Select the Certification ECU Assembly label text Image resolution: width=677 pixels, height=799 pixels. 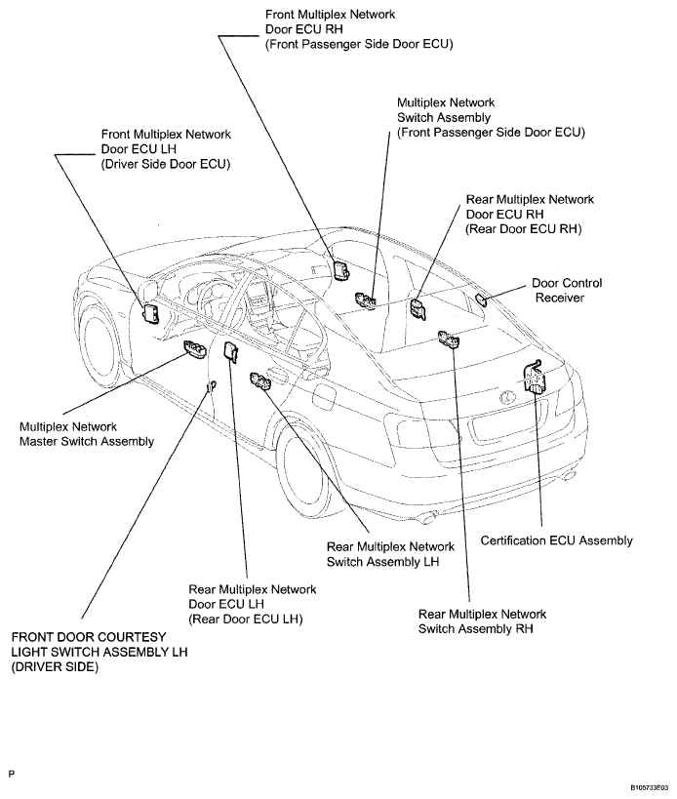(x=556, y=540)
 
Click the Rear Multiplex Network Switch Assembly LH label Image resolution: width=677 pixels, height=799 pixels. (x=390, y=554)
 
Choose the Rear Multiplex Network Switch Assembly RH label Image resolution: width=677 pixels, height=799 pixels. (x=482, y=621)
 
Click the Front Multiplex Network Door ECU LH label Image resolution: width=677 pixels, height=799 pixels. (x=166, y=149)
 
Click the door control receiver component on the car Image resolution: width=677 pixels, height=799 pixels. (x=484, y=299)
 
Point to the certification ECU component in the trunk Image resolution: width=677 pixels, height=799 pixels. (x=535, y=377)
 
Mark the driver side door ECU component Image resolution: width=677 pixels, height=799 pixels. (x=153, y=312)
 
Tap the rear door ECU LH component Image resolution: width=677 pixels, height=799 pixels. (x=231, y=351)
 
